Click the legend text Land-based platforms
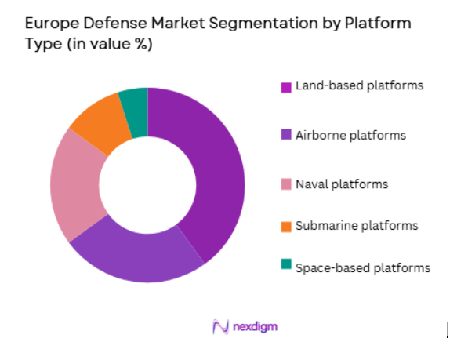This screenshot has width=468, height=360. click(359, 85)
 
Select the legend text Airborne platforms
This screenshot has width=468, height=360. click(350, 135)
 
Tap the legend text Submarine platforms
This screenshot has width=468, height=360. click(356, 226)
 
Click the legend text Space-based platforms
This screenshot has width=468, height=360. click(362, 267)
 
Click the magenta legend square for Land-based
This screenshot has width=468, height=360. click(287, 85)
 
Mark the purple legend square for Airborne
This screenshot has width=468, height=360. click(287, 135)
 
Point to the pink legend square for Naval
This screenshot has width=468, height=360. click(287, 185)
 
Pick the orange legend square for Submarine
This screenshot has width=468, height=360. click(287, 227)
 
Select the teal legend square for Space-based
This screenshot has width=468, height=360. click(287, 268)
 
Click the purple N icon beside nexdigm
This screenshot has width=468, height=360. click(220, 325)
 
